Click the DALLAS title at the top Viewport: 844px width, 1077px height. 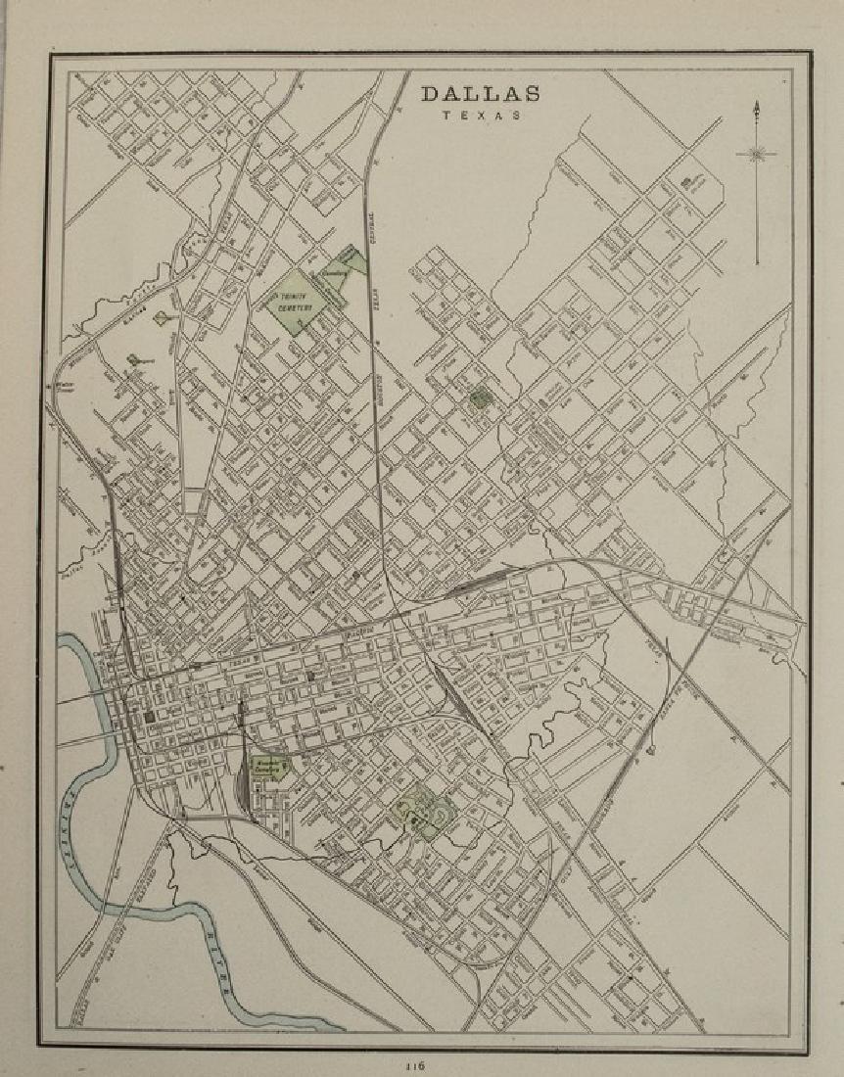pyautogui.click(x=480, y=94)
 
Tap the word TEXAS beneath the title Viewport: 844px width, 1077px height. pyautogui.click(x=480, y=116)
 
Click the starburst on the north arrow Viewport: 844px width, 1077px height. pyautogui.click(x=756, y=153)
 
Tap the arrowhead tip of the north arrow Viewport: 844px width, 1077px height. pyautogui.click(x=756, y=102)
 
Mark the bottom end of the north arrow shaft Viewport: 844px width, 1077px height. pyautogui.click(x=756, y=264)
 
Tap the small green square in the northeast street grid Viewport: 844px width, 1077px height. pyautogui.click(x=480, y=398)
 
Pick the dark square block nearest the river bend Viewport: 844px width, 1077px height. pyautogui.click(x=150, y=720)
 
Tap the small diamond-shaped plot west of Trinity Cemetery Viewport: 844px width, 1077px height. pyautogui.click(x=165, y=319)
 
